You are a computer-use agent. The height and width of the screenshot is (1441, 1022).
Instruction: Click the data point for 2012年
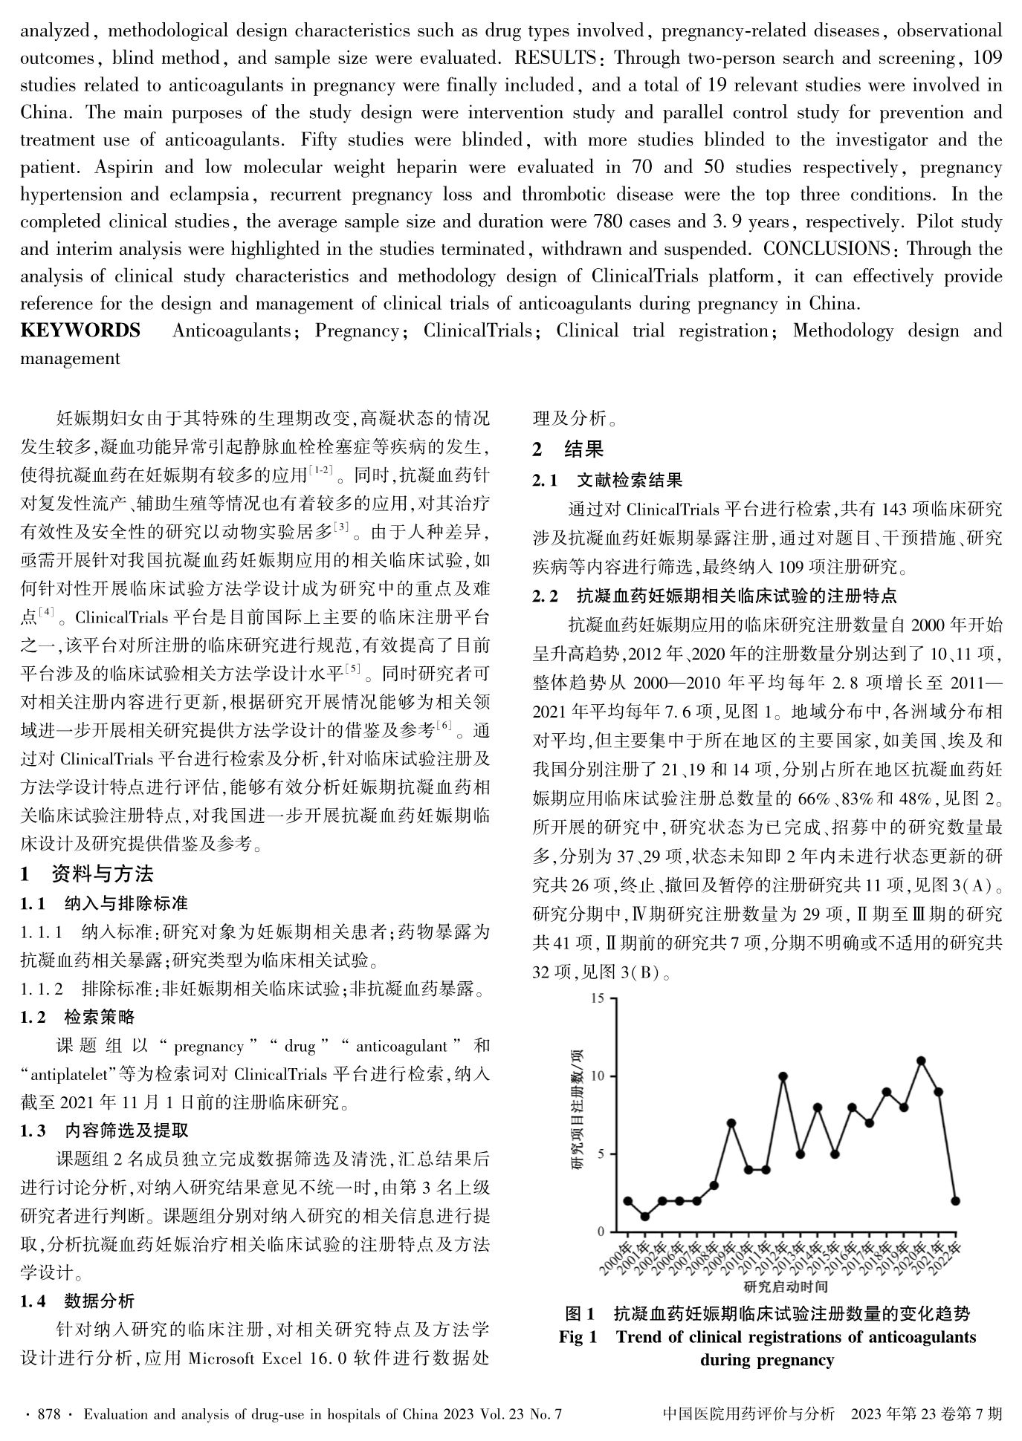coord(783,1076)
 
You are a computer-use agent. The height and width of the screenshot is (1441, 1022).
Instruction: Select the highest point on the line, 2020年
coord(921,1061)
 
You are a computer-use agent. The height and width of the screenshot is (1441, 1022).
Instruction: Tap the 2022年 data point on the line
coord(955,1201)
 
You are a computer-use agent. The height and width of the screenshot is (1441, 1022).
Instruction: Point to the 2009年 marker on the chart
coord(731,1122)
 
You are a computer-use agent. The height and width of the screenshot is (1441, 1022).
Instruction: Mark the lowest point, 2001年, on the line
coord(645,1217)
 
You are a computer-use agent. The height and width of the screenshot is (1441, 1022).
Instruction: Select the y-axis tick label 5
coord(601,1154)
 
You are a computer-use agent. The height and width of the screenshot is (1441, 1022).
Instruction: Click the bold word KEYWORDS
coord(80,331)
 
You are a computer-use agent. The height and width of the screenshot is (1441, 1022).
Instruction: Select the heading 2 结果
coord(569,449)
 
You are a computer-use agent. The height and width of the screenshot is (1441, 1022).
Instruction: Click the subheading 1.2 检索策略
coord(77,1018)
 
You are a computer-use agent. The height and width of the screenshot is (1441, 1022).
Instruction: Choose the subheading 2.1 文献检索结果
coord(607,481)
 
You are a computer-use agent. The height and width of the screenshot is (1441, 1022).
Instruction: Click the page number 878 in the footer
coord(46,1414)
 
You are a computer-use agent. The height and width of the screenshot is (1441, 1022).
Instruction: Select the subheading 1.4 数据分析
coord(77,1301)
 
